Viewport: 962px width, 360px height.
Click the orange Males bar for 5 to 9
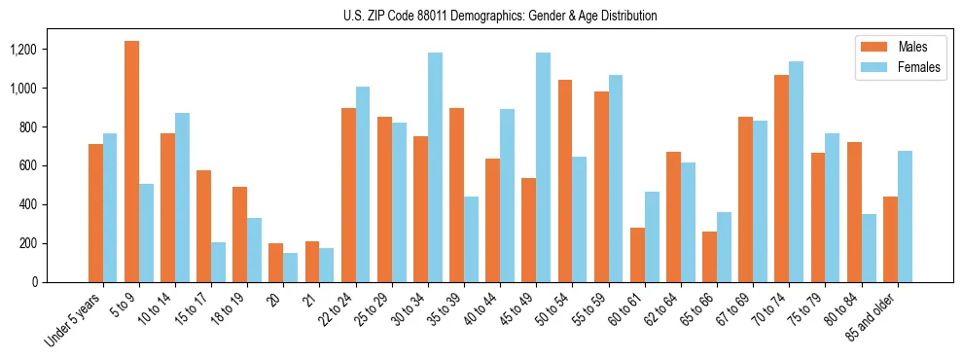131,162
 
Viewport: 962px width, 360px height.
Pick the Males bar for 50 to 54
565,181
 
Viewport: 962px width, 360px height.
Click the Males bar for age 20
276,263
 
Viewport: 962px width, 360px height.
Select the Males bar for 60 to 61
637,255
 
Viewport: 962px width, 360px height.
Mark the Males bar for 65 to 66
709,257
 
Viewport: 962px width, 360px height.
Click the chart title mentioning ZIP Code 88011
500,16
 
